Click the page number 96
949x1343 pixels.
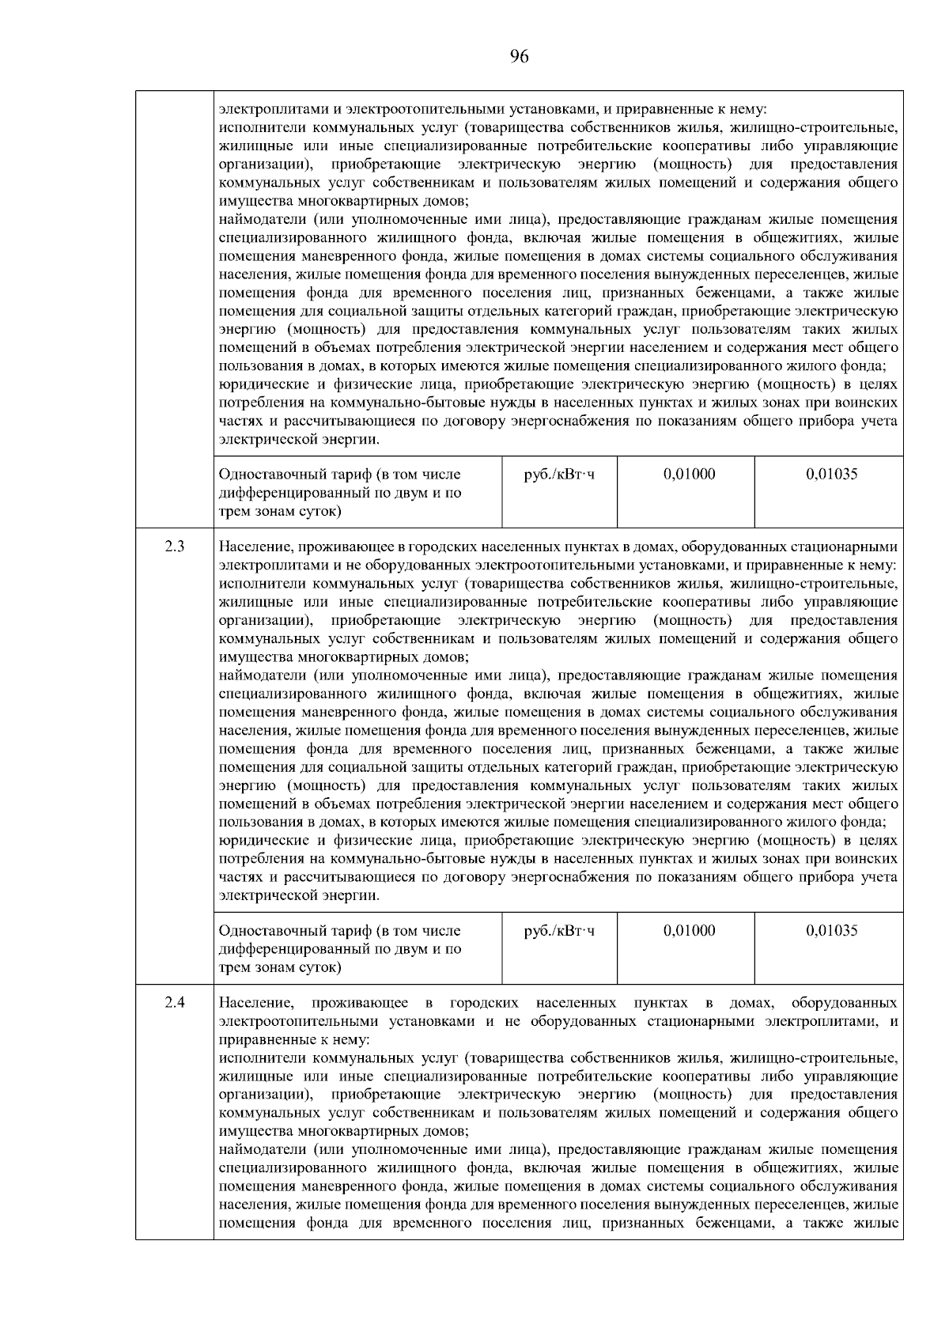[520, 56]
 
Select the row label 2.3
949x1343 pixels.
[175, 547]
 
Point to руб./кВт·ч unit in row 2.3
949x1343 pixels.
[559, 931]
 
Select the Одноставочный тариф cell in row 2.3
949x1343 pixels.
[339, 948]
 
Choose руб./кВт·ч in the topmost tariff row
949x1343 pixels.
[559, 475]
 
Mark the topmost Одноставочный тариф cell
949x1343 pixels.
[339, 492]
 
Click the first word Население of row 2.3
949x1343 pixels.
[251, 547]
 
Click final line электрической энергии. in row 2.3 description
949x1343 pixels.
[298, 896]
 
